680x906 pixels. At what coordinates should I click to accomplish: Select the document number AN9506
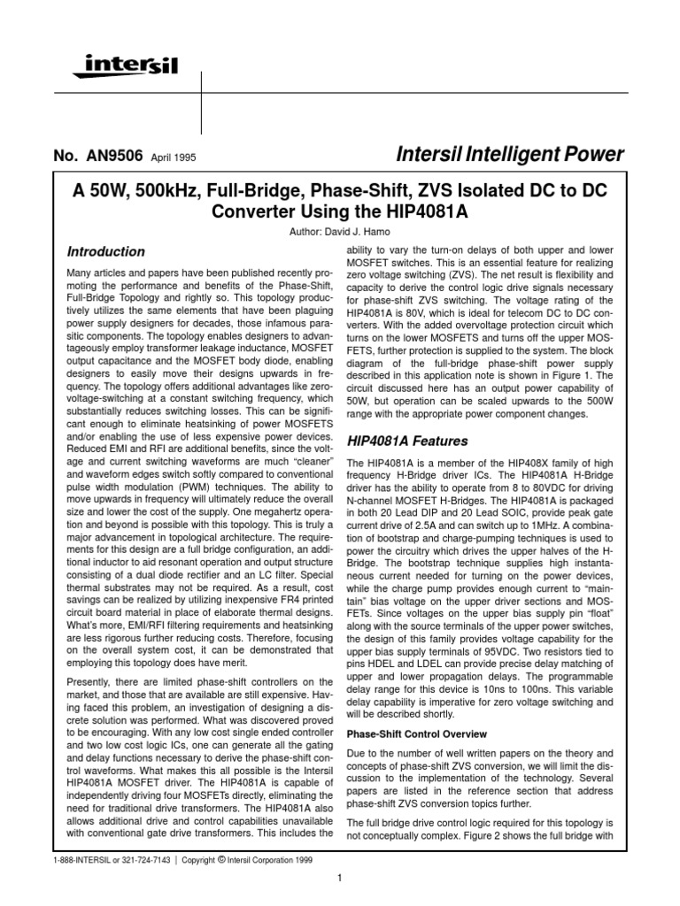click(x=109, y=157)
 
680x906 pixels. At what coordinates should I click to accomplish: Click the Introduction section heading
click(x=106, y=251)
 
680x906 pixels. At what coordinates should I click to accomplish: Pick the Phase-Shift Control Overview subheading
click(x=416, y=733)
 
